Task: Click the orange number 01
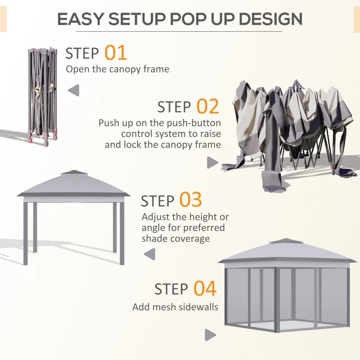pos(116,53)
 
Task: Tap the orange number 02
pos(207,107)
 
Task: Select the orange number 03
pos(190,200)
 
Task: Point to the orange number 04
pos(205,289)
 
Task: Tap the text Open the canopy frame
pos(117,69)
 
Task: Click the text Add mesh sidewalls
pos(175,307)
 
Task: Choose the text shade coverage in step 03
pos(175,239)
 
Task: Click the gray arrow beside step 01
pos(73,91)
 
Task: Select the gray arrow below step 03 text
pos(149,254)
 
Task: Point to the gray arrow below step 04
pos(210,335)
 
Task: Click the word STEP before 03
pos(157,201)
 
